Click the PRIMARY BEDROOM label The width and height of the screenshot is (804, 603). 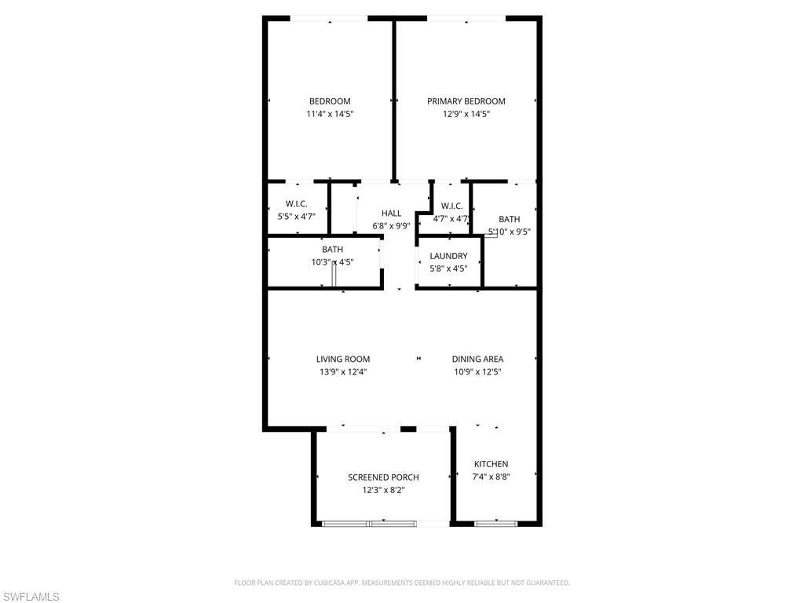466,101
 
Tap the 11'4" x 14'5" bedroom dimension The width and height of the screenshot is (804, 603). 330,114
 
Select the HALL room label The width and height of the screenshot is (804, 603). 391,214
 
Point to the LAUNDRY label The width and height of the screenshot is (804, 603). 448,256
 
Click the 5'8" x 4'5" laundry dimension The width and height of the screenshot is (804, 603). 448,269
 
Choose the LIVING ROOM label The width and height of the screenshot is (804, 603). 343,360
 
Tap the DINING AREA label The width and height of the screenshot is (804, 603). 477,360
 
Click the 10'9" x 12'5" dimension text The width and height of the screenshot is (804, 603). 477,372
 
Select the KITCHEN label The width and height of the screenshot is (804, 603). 491,464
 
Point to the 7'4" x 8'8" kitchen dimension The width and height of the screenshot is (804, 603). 491,477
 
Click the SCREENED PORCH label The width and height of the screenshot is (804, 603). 383,477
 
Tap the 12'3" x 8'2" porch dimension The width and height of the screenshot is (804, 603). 383,490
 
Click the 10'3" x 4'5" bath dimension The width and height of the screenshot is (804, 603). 332,262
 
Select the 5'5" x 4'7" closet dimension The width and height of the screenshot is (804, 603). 296,217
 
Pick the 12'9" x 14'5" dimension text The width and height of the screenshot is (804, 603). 466,114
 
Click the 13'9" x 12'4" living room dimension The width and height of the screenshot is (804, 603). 343,372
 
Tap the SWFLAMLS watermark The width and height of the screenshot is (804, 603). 31,598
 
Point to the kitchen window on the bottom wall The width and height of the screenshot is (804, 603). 496,523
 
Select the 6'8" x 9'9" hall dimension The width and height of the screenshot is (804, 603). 391,226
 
